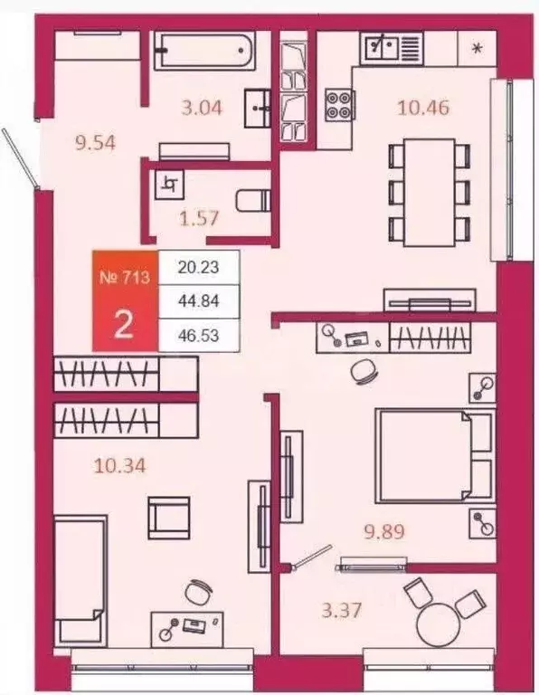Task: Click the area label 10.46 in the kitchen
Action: pos(424,108)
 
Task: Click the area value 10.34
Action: pos(120,466)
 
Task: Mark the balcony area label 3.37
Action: pos(342,611)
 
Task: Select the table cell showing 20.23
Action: pos(199,268)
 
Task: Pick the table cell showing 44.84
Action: pos(199,301)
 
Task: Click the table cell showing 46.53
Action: pos(199,335)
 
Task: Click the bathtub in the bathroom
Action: pos(203,50)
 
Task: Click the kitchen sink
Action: pos(383,44)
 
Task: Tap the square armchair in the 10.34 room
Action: pos(169,518)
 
